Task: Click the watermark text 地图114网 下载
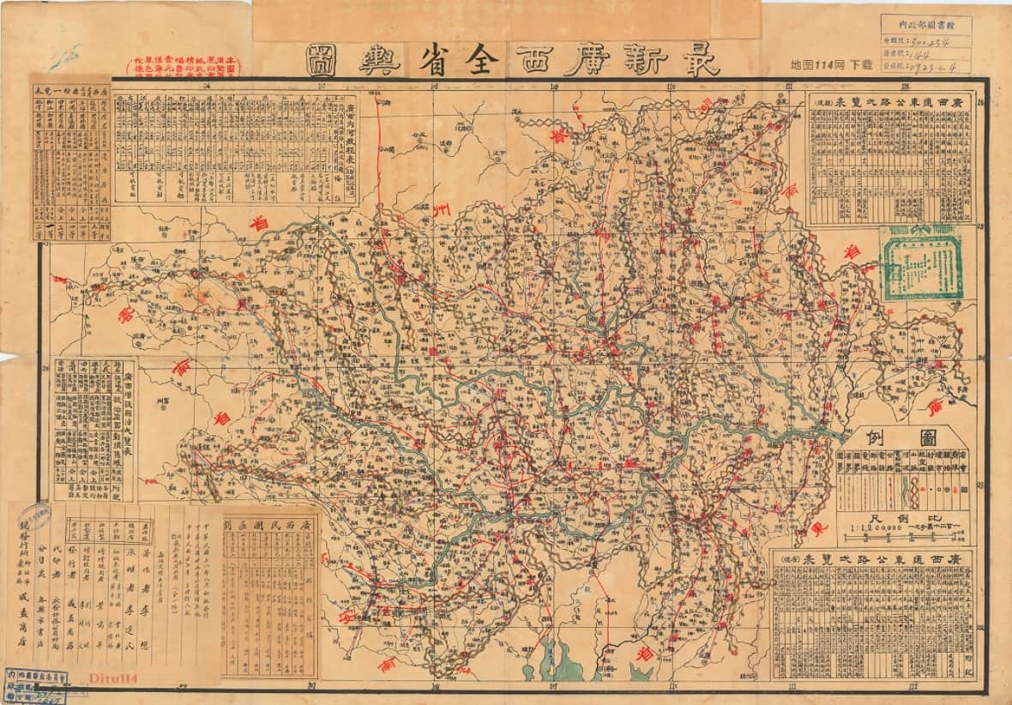[830, 64]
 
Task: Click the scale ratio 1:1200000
[867, 528]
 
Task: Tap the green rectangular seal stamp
[922, 263]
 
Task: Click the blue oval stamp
[34, 518]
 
